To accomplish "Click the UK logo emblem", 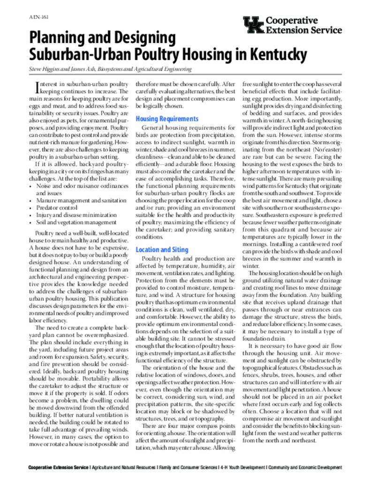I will [253, 25].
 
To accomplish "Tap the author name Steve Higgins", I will [45, 69].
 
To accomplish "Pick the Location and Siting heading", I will [162, 250].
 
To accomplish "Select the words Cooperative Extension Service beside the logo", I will [303, 25].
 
